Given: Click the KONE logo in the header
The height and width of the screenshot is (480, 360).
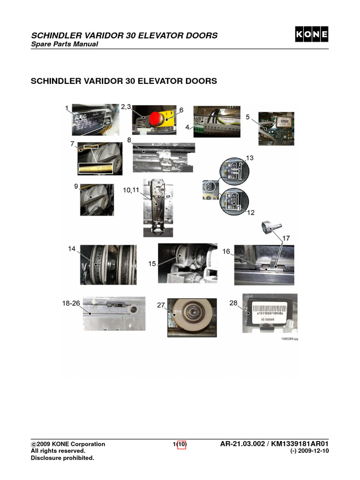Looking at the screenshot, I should click(311, 35).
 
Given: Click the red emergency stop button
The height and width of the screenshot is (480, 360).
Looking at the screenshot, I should click(156, 118).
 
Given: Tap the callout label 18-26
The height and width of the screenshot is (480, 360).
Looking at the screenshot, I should click(72, 303).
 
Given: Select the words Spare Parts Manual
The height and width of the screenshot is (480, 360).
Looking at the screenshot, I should click(64, 45).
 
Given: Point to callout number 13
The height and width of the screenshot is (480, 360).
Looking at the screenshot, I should click(250, 158).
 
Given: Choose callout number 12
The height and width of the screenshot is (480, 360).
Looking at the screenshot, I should click(251, 212).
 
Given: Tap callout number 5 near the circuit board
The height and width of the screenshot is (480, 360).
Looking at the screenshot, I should click(247, 117).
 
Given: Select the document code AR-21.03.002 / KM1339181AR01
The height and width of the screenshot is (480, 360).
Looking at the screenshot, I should click(274, 444).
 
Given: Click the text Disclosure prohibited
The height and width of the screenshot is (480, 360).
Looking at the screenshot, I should click(62, 458).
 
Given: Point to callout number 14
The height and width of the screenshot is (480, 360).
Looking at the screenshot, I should click(72, 249).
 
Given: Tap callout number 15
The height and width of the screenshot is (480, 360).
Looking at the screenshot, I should click(152, 264).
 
